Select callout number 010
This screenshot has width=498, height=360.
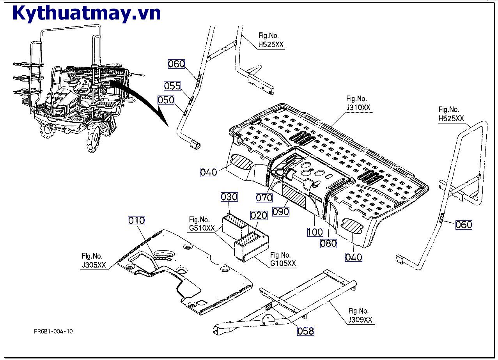(136, 220)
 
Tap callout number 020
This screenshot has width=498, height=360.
(259, 215)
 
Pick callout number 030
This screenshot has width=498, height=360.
(229, 197)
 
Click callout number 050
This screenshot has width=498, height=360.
(166, 100)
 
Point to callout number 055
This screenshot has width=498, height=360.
(172, 86)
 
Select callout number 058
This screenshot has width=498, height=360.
(305, 331)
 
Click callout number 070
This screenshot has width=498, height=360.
(264, 198)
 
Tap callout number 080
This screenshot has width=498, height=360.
(328, 243)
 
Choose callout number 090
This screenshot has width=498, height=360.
(281, 211)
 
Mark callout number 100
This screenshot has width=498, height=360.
(315, 232)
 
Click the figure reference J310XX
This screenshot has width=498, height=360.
(358, 108)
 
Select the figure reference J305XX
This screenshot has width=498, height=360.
(94, 265)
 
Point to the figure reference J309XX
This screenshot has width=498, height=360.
(360, 320)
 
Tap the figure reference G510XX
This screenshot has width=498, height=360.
(202, 228)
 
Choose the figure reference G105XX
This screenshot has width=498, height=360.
(283, 264)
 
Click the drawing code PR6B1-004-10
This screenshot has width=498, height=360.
(53, 332)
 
